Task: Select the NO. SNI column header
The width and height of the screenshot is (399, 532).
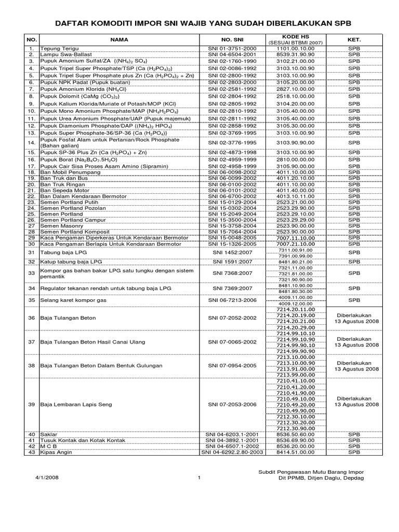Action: (232, 39)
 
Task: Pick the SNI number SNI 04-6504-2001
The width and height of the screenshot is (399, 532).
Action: (232, 54)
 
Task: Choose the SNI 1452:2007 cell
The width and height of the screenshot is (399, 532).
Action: (232, 252)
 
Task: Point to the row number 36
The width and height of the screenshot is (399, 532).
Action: (31, 317)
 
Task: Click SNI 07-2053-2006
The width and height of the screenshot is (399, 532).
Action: (232, 404)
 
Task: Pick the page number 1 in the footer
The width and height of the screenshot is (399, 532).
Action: (199, 478)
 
